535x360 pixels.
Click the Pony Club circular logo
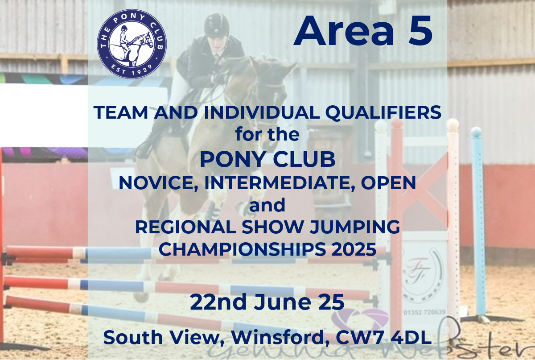pos(132,44)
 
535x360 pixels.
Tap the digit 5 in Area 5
pos(420,31)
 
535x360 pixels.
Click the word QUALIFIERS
pos(383,112)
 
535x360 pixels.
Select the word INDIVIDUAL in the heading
pos(262,112)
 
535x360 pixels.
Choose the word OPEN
pos(388,183)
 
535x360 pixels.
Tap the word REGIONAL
pos(185,227)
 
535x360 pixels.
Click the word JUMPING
pos(355,228)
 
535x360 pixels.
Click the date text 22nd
pos(218,302)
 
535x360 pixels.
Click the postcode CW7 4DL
pos(383,337)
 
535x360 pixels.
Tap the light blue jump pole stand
pos(478,222)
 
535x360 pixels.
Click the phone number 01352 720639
pos(424,312)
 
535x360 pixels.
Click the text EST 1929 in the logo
pos(132,69)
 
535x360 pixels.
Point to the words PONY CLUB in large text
pos(267,159)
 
